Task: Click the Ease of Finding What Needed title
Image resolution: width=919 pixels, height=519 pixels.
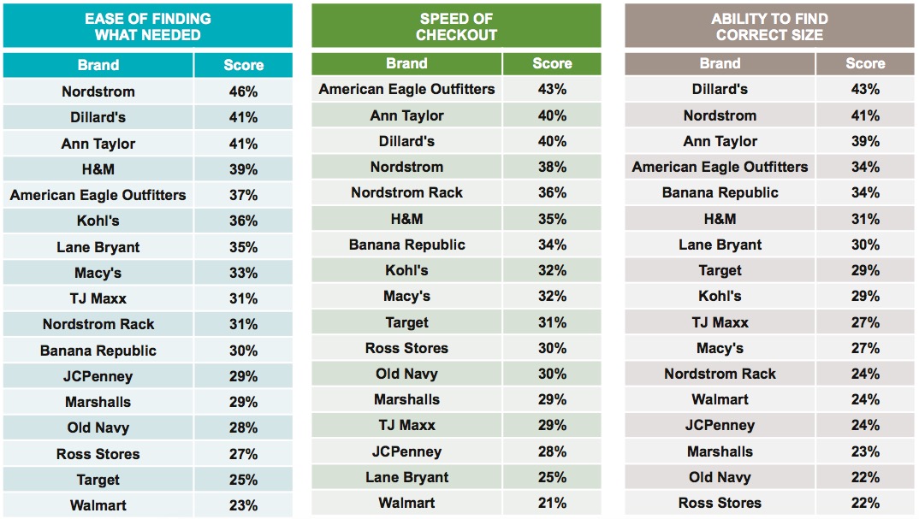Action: [147, 27]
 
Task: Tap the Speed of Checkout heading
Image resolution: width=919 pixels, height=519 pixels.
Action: [456, 27]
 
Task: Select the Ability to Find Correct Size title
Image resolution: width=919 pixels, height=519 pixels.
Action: [769, 27]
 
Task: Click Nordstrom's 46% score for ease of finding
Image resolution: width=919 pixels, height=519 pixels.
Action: [243, 91]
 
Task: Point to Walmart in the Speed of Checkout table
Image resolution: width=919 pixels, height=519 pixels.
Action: [406, 503]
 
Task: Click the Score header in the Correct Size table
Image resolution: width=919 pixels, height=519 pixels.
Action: [865, 63]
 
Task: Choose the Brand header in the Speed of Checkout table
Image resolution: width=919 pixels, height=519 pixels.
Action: [406, 63]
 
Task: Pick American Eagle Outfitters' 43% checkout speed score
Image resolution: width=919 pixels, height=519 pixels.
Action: [552, 89]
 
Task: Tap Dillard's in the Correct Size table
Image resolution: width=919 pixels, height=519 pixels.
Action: [720, 89]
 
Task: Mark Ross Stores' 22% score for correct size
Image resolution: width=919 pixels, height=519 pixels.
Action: [865, 503]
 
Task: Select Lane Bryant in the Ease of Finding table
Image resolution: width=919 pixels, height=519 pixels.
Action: [98, 247]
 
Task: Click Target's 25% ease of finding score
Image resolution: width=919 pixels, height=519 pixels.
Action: [243, 480]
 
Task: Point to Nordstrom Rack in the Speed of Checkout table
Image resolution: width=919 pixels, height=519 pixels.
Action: [406, 192]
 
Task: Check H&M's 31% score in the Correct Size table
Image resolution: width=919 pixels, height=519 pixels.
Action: [865, 219]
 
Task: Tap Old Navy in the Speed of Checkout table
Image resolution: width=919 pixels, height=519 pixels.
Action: [406, 374]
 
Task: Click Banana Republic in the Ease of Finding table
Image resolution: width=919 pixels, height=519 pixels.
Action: [98, 351]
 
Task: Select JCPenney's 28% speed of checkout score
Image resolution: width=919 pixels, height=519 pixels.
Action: [552, 451]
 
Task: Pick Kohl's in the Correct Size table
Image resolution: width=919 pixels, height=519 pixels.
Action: [720, 296]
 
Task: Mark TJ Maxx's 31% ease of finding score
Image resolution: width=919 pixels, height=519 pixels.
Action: [243, 298]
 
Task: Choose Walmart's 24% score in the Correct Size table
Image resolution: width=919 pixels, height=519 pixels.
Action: [865, 399]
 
